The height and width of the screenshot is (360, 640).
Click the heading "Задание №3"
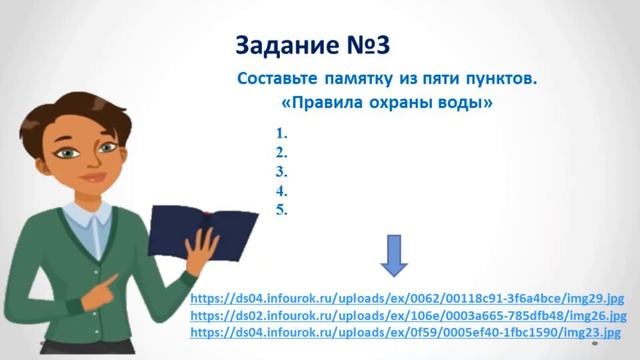311,45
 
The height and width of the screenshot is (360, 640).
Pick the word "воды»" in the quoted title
463,102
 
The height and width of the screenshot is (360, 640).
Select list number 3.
282,171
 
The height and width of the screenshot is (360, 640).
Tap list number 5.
282,209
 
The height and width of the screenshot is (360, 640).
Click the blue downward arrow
393,258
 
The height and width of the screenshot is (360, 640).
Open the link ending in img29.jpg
407,298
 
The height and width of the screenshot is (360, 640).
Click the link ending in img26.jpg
407,315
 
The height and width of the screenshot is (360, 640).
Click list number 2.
282,152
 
